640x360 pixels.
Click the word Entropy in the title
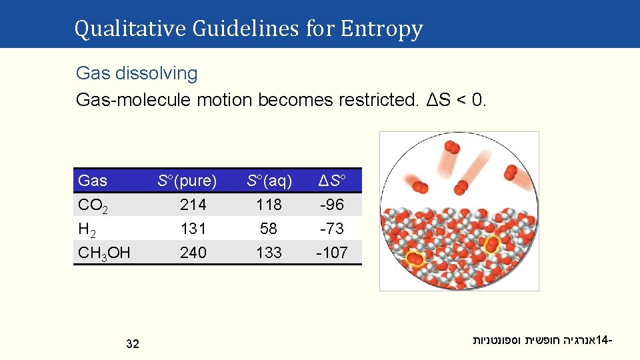tap(381, 29)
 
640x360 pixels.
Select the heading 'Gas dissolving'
tap(137, 73)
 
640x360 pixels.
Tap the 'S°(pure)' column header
tap(187, 180)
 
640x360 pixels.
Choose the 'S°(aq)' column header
tap(269, 180)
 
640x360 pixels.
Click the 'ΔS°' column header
tap(331, 180)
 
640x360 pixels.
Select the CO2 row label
tap(96, 205)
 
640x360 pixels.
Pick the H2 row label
tap(87, 229)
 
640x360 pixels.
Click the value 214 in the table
tap(193, 204)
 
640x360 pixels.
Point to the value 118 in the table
tap(269, 204)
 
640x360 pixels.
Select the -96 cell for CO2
tap(331, 204)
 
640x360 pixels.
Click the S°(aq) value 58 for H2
tap(269, 229)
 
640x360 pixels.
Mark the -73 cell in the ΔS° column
tap(331, 229)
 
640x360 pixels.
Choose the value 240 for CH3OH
tap(193, 253)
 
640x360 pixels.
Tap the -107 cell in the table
tap(331, 253)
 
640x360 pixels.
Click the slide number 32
tap(132, 344)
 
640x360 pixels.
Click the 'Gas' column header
tap(93, 180)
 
